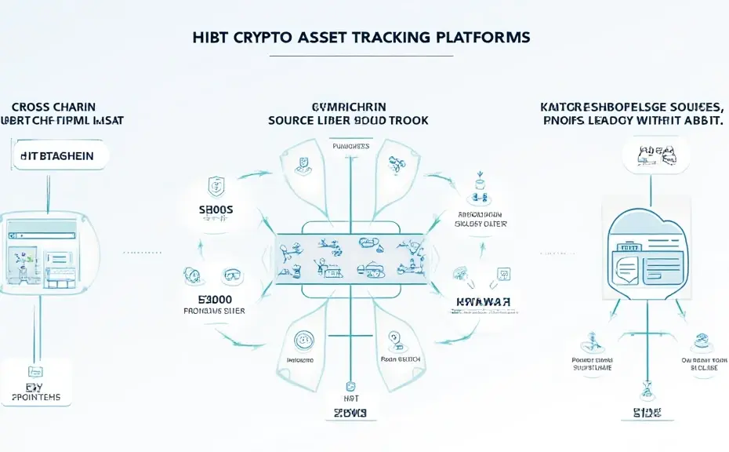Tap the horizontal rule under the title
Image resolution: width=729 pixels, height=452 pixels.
click(x=361, y=56)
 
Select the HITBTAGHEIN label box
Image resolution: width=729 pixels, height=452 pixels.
click(x=60, y=156)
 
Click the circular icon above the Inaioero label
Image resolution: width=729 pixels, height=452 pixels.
click(x=302, y=340)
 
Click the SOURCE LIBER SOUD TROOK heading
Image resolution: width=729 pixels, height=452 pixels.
click(x=348, y=121)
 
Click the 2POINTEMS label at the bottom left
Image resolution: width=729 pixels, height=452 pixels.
click(x=36, y=397)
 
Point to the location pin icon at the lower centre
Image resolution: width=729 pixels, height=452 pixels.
click(x=394, y=340)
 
